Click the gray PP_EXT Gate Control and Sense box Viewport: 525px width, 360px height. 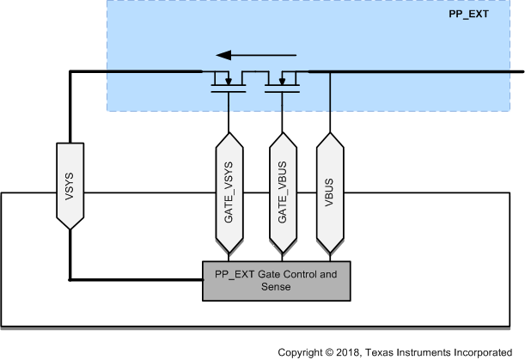click(x=275, y=281)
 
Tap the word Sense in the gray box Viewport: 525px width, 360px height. click(x=275, y=288)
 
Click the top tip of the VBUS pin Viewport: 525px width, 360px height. click(x=330, y=133)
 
